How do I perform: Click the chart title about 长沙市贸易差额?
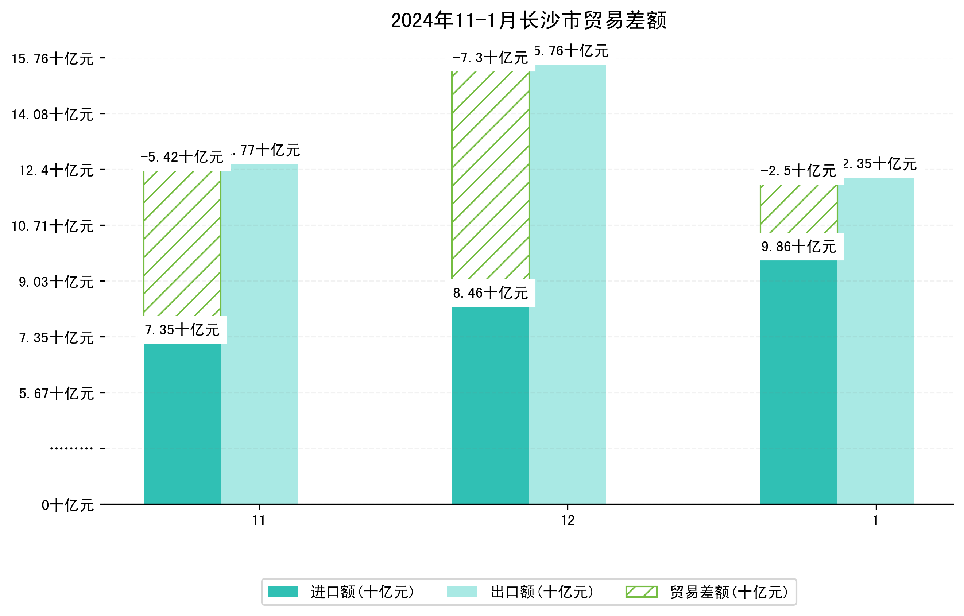coord(529,20)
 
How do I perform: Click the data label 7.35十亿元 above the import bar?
coord(182,330)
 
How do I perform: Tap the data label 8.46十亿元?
coord(491,293)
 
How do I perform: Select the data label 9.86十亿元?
coord(799,247)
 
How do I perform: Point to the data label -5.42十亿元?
coord(182,157)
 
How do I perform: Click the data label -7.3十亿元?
coord(491,58)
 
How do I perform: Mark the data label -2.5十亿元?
coord(798,171)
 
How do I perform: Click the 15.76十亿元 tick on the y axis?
coord(53,59)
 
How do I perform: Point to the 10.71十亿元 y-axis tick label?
coord(53,226)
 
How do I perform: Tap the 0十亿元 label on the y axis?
coord(67,505)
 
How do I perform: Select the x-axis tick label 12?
coord(568,520)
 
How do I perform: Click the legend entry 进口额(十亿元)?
coord(362,592)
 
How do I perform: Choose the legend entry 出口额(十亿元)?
coord(542,592)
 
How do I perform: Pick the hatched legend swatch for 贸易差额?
coord(641,592)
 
